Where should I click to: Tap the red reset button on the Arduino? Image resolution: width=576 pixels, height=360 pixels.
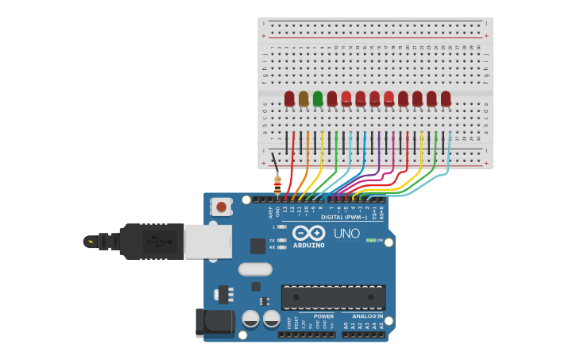(x=221, y=207)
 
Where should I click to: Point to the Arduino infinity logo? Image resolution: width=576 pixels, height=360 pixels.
(x=308, y=233)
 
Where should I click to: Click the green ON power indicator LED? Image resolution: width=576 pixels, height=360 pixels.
(x=370, y=240)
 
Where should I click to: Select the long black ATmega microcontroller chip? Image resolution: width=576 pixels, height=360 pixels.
(x=334, y=297)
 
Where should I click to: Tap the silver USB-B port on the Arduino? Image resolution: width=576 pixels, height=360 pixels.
(x=208, y=241)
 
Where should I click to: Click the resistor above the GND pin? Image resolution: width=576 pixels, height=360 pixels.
(x=277, y=184)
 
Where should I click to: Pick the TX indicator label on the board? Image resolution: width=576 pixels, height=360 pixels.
(x=273, y=240)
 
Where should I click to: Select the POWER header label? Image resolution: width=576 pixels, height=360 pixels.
(x=323, y=316)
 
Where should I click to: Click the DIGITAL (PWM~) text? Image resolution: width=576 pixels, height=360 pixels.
(x=344, y=217)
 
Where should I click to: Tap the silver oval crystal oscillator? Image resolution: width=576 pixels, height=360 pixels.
(x=255, y=269)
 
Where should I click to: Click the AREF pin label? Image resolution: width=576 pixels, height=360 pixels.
(x=270, y=211)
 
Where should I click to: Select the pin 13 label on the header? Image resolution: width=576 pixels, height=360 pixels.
(x=284, y=210)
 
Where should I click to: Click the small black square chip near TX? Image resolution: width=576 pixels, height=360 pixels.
(x=257, y=246)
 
